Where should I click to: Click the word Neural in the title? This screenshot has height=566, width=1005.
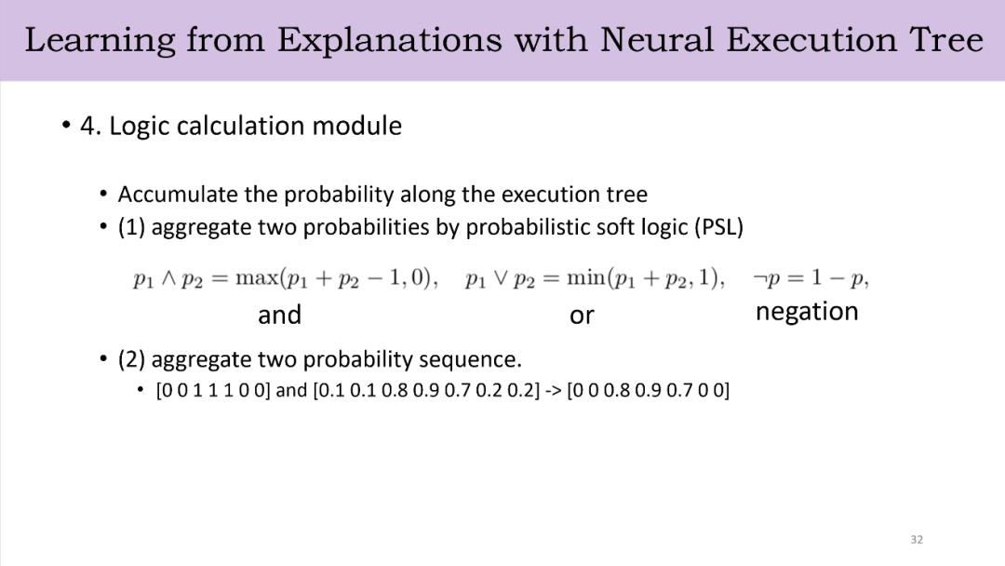(x=656, y=40)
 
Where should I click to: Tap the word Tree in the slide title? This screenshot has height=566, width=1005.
(x=946, y=40)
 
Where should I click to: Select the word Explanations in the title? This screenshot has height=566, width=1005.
(x=390, y=40)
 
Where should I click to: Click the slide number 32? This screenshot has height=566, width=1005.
(x=917, y=540)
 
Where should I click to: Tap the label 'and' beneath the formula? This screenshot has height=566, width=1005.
(x=279, y=315)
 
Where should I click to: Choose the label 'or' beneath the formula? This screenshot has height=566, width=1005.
(x=582, y=316)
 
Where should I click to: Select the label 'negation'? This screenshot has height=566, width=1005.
(x=807, y=312)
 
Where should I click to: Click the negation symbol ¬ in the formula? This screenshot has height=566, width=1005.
(x=759, y=279)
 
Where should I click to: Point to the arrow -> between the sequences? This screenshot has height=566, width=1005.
(x=553, y=390)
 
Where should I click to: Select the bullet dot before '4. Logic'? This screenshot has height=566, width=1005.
(x=66, y=125)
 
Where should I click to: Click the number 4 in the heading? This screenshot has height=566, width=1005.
(x=87, y=126)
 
